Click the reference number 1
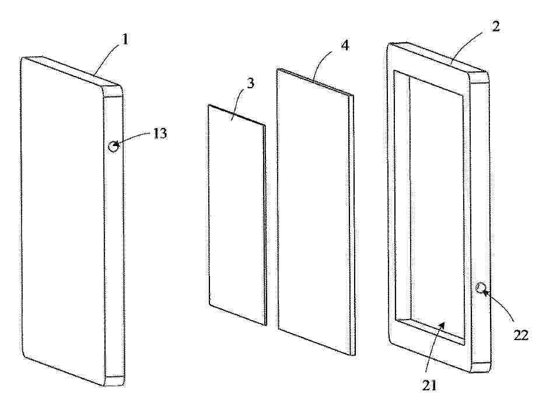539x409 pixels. pyautogui.click(x=125, y=40)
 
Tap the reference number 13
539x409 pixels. pyautogui.click(x=159, y=133)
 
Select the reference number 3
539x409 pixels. pyautogui.click(x=251, y=84)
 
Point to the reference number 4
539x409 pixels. pyautogui.click(x=345, y=45)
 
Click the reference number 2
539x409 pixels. pyautogui.click(x=495, y=26)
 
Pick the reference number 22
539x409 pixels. pyautogui.click(x=520, y=335)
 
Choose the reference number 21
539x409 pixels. pyautogui.click(x=429, y=386)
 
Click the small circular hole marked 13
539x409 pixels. pyautogui.click(x=113, y=147)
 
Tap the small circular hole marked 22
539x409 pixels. pyautogui.click(x=481, y=287)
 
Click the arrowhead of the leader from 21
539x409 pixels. pyautogui.click(x=444, y=324)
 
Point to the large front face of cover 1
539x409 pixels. pyautogui.click(x=62, y=220)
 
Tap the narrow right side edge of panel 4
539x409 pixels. pyautogui.click(x=351, y=224)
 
